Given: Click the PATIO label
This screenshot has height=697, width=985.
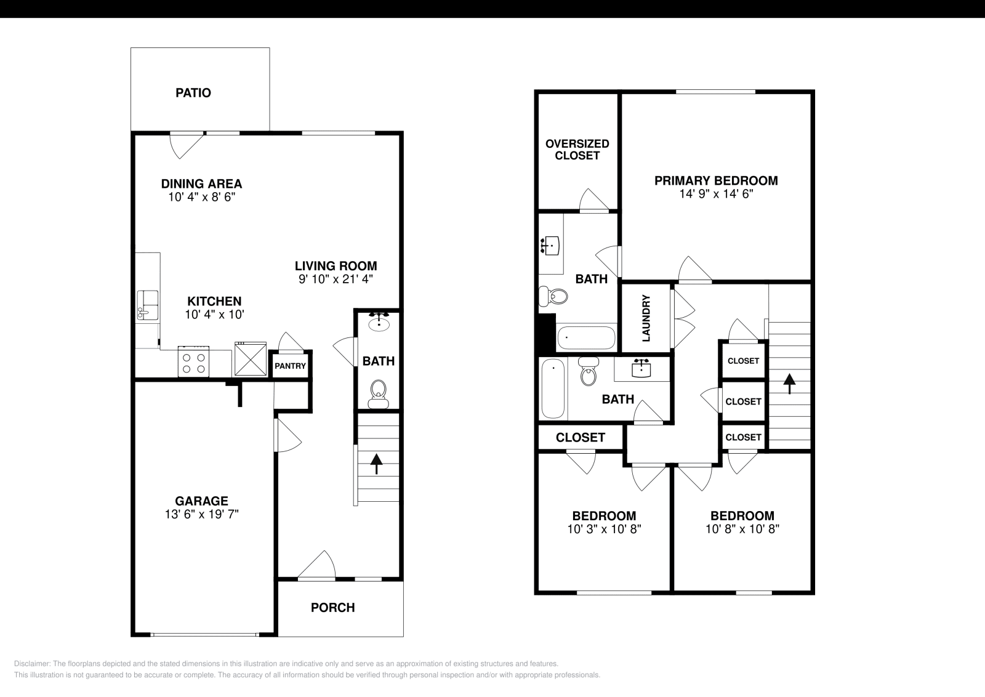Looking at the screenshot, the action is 193,93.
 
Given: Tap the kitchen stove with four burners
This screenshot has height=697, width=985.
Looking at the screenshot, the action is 193,361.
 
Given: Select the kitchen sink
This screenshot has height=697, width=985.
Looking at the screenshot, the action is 148,305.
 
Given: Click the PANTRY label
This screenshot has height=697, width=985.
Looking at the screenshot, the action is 290,366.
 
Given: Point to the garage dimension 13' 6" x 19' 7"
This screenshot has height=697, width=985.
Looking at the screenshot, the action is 202,514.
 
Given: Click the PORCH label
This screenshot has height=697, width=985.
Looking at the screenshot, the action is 333,608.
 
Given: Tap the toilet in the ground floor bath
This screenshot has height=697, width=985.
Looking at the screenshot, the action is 378,395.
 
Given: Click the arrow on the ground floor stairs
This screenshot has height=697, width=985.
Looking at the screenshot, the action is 376,464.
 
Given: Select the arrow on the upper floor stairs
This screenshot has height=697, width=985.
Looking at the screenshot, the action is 789,384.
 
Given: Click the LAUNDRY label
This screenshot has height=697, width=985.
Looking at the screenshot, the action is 646,318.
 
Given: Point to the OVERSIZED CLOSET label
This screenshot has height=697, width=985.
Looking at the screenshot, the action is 577,150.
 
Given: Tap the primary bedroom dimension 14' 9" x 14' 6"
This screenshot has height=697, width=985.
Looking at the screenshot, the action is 717,194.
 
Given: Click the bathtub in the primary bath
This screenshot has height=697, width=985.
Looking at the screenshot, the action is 586,338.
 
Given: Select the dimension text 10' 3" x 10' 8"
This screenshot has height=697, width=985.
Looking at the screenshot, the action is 604,529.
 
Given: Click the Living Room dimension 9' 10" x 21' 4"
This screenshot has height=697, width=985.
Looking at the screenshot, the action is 336,279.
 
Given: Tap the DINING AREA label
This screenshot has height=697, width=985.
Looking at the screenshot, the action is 201,184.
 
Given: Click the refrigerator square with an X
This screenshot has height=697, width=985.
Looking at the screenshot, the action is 250,358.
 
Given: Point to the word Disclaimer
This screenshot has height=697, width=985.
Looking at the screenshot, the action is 32,664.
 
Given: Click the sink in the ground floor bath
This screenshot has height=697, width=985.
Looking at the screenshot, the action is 379,323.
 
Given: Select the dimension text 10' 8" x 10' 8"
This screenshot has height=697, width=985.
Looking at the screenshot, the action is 742,529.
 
